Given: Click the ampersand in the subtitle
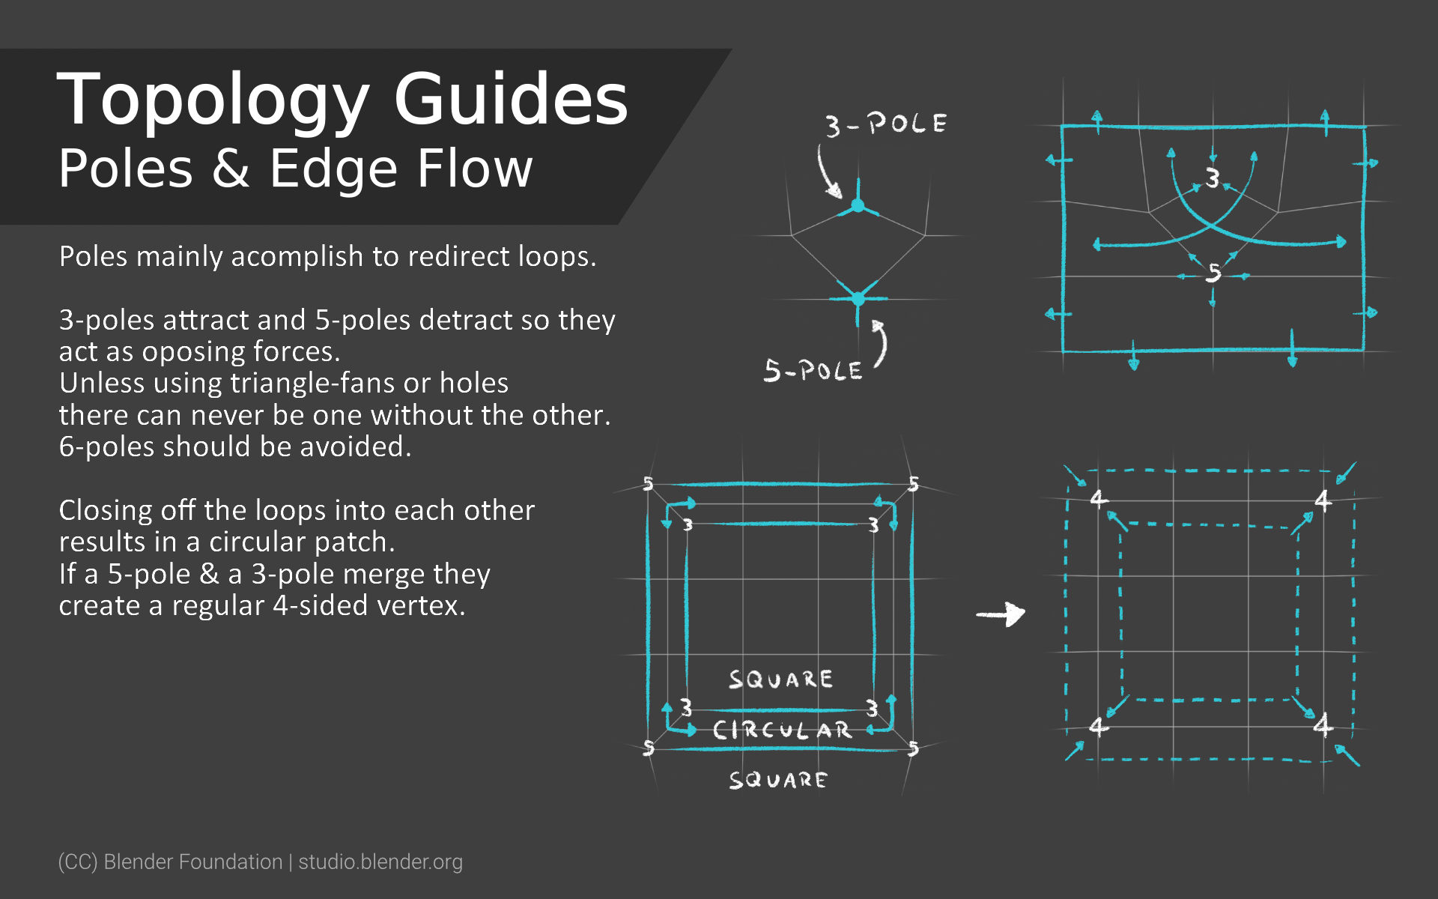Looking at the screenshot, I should click(231, 169).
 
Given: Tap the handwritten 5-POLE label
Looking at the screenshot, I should click(813, 371).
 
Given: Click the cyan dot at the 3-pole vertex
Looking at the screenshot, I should click(858, 205).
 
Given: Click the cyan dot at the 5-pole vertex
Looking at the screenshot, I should click(858, 299).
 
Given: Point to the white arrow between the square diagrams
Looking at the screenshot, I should click(1001, 614).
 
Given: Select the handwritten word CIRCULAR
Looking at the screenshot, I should click(782, 730).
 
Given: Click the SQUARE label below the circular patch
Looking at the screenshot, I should click(778, 781).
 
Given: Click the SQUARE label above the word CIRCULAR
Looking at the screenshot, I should click(780, 679).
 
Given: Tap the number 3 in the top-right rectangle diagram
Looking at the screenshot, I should click(1212, 178).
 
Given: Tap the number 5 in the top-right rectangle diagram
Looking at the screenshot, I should click(1213, 273).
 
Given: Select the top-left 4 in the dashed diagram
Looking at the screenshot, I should click(1099, 498).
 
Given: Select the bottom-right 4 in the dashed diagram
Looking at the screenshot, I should click(1323, 724).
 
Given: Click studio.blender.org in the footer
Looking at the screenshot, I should click(380, 862).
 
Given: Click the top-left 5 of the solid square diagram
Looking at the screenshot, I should click(649, 484).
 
